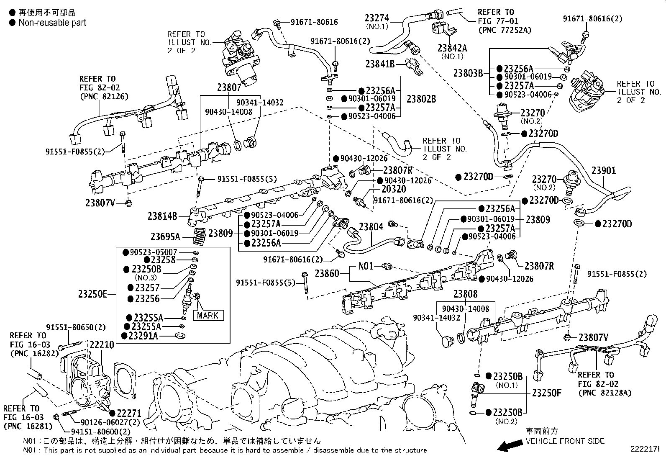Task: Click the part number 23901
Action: [x=603, y=171]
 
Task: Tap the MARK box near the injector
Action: [x=207, y=315]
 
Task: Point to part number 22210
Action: [x=102, y=345]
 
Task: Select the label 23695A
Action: [x=166, y=237]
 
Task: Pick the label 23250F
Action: [x=546, y=393]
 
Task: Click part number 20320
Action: [x=394, y=189]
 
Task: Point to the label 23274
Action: [x=377, y=18]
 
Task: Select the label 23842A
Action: [x=452, y=48]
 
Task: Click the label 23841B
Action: [x=380, y=64]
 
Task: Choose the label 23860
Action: [x=327, y=273]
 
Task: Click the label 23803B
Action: [x=468, y=73]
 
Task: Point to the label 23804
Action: [x=371, y=227]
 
